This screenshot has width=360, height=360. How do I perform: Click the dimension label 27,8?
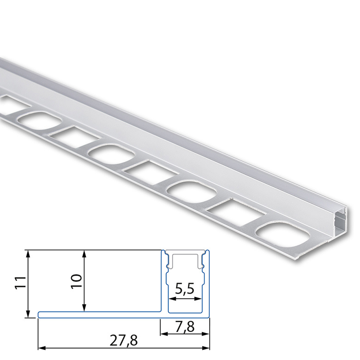click(x=124, y=341)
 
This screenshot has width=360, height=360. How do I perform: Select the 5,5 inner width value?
click(x=185, y=288)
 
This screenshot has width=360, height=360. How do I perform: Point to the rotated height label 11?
click(x=20, y=283)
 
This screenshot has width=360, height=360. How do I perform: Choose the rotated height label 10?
click(x=77, y=282)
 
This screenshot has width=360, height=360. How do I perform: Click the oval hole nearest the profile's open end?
click(x=282, y=235)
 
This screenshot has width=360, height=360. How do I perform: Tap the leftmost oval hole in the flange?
click(x=40, y=121)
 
